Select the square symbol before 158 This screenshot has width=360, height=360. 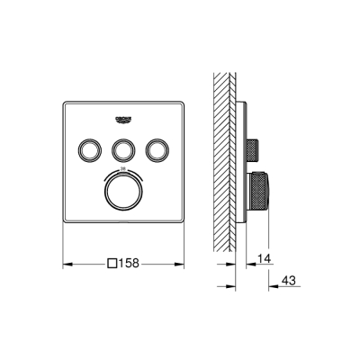pyautogui.click(x=112, y=264)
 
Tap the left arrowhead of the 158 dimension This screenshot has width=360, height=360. pyautogui.click(x=67, y=264)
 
